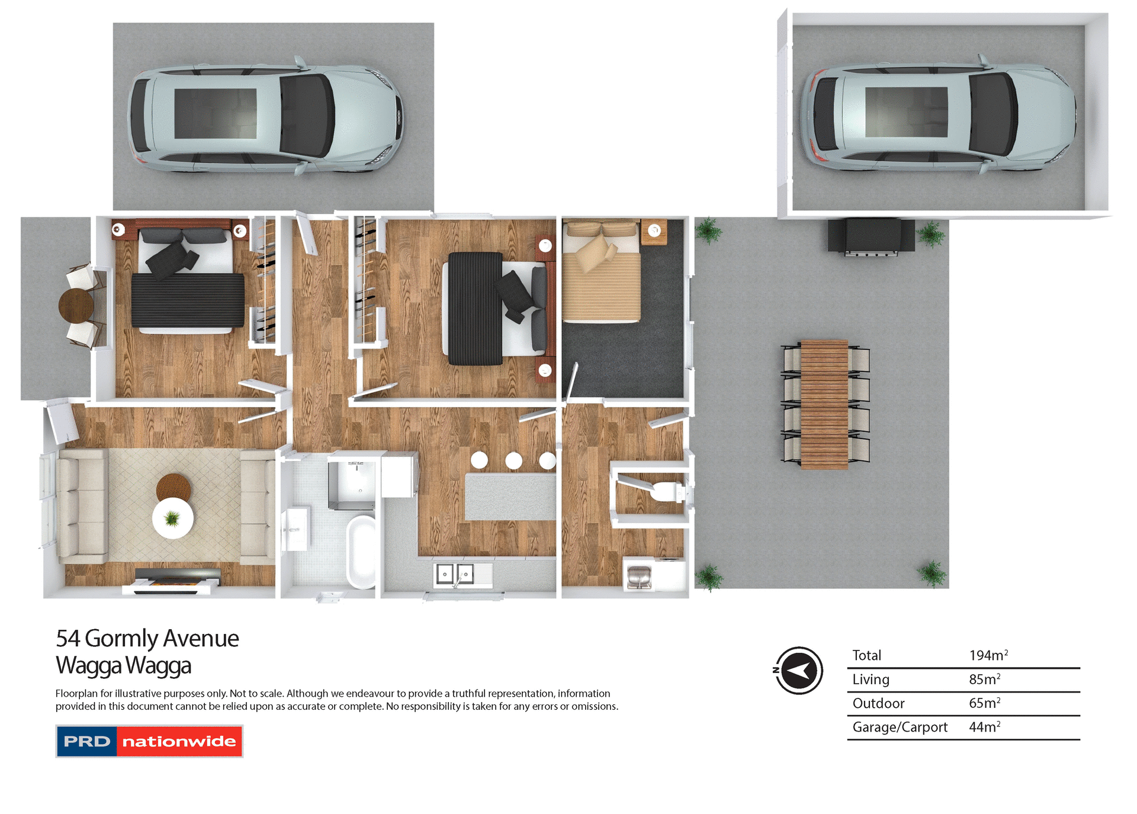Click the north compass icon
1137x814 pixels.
coord(799,670)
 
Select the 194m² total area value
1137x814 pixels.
coord(988,655)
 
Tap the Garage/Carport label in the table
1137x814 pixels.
coord(900,727)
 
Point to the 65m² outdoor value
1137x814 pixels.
coord(984,703)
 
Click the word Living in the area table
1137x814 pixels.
coord(871,680)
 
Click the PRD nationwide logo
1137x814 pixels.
coord(149,741)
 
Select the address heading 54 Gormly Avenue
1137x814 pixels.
coord(147,639)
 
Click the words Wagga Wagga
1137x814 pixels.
coord(123,665)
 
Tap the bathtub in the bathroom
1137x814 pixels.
coord(361,552)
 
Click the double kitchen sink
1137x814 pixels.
coord(455,574)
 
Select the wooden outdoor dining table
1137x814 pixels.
coord(824,404)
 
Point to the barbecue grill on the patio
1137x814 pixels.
coord(871,236)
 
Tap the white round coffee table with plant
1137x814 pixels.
coord(172,518)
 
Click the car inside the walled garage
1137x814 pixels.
coord(938,113)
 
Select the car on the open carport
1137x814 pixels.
coord(266,115)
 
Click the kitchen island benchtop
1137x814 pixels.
coord(510,496)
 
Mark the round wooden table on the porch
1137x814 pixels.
coord(76,305)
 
